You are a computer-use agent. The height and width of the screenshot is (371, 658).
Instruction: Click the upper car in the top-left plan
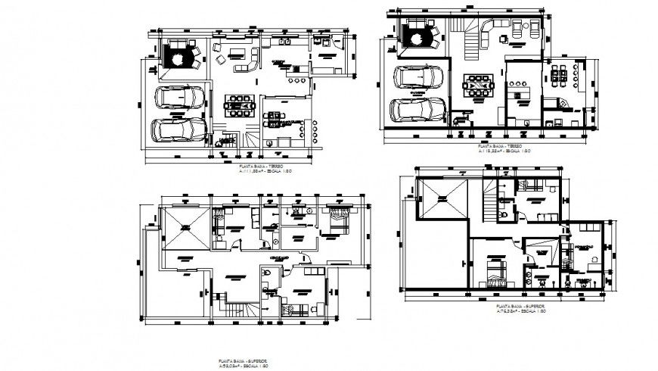pyautogui.click(x=179, y=98)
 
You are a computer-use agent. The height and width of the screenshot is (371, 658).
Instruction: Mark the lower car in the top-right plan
pyautogui.click(x=417, y=111)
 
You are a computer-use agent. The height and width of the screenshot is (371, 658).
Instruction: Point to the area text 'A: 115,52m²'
pyautogui.click(x=492, y=152)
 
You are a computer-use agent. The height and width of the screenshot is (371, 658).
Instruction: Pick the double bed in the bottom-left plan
pyautogui.click(x=335, y=221)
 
